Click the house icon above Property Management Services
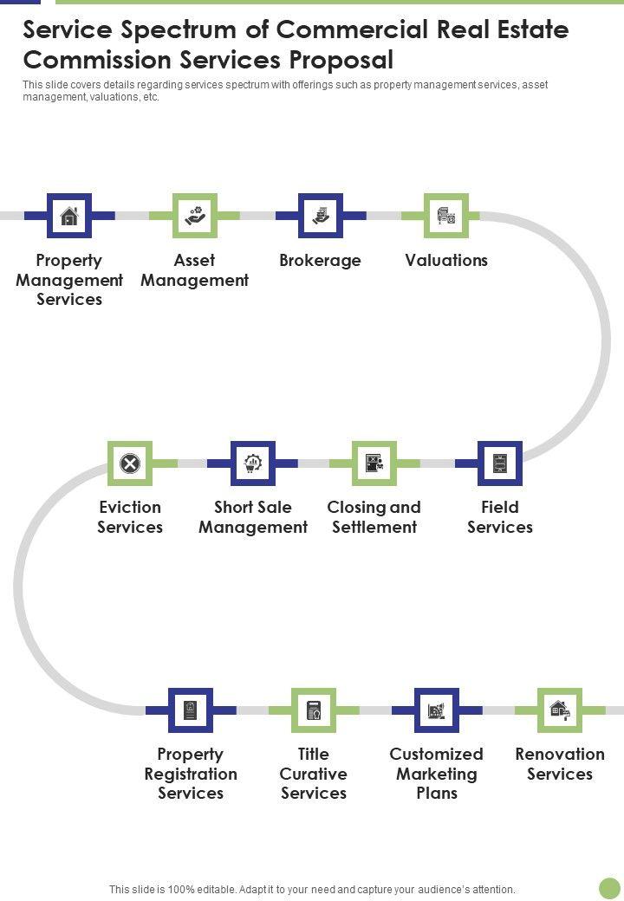[x=69, y=216]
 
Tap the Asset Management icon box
[x=194, y=216]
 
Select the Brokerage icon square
[x=321, y=216]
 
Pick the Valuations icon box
[x=446, y=216]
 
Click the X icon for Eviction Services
[x=130, y=463]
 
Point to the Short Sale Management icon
[x=253, y=463]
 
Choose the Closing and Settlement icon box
[x=374, y=463]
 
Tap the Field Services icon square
[x=500, y=463]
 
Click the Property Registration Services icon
[x=191, y=710]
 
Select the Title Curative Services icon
[x=314, y=710]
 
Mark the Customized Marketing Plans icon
[x=437, y=710]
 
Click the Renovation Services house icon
[x=560, y=710]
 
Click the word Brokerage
[x=320, y=261]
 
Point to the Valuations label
[x=446, y=261]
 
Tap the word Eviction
[x=130, y=508]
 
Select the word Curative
[x=314, y=774]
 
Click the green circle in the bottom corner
[x=610, y=888]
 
